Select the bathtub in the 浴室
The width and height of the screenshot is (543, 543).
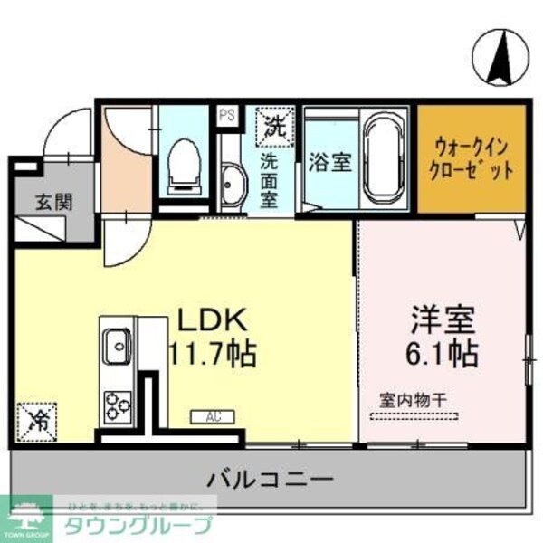pyautogui.click(x=387, y=161)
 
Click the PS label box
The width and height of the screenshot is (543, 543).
pyautogui.click(x=225, y=115)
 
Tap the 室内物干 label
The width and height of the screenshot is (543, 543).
pyautogui.click(x=414, y=398)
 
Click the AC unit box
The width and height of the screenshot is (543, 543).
pyautogui.click(x=213, y=417)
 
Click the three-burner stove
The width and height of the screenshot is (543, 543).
pyautogui.click(x=117, y=404)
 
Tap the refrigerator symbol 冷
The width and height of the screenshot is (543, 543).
pyautogui.click(x=38, y=419)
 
